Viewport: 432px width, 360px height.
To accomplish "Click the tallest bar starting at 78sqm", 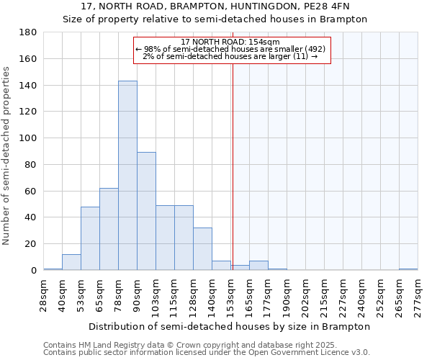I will tap(127, 176).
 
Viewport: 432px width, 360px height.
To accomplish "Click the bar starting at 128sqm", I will tap(202, 249).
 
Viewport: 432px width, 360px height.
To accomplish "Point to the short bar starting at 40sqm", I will tap(71, 263).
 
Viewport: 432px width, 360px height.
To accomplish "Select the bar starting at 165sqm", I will tap(258, 266).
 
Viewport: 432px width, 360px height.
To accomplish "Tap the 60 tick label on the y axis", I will tap(30, 192).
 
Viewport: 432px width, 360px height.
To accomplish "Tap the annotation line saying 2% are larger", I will tap(230, 56).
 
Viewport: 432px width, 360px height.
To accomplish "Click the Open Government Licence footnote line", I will tap(207, 352).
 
